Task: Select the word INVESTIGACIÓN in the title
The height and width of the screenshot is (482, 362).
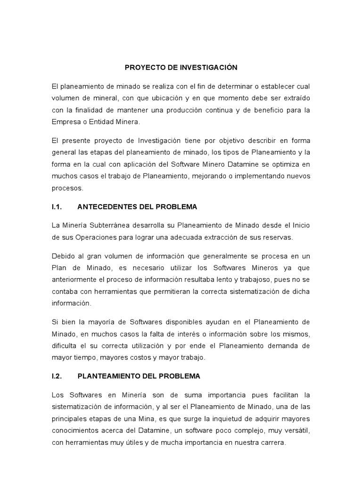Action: (x=208, y=68)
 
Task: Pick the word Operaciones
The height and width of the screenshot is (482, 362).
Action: (x=109, y=237)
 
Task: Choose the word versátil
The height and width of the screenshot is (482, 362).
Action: (x=296, y=431)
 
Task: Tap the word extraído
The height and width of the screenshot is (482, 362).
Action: (x=296, y=98)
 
